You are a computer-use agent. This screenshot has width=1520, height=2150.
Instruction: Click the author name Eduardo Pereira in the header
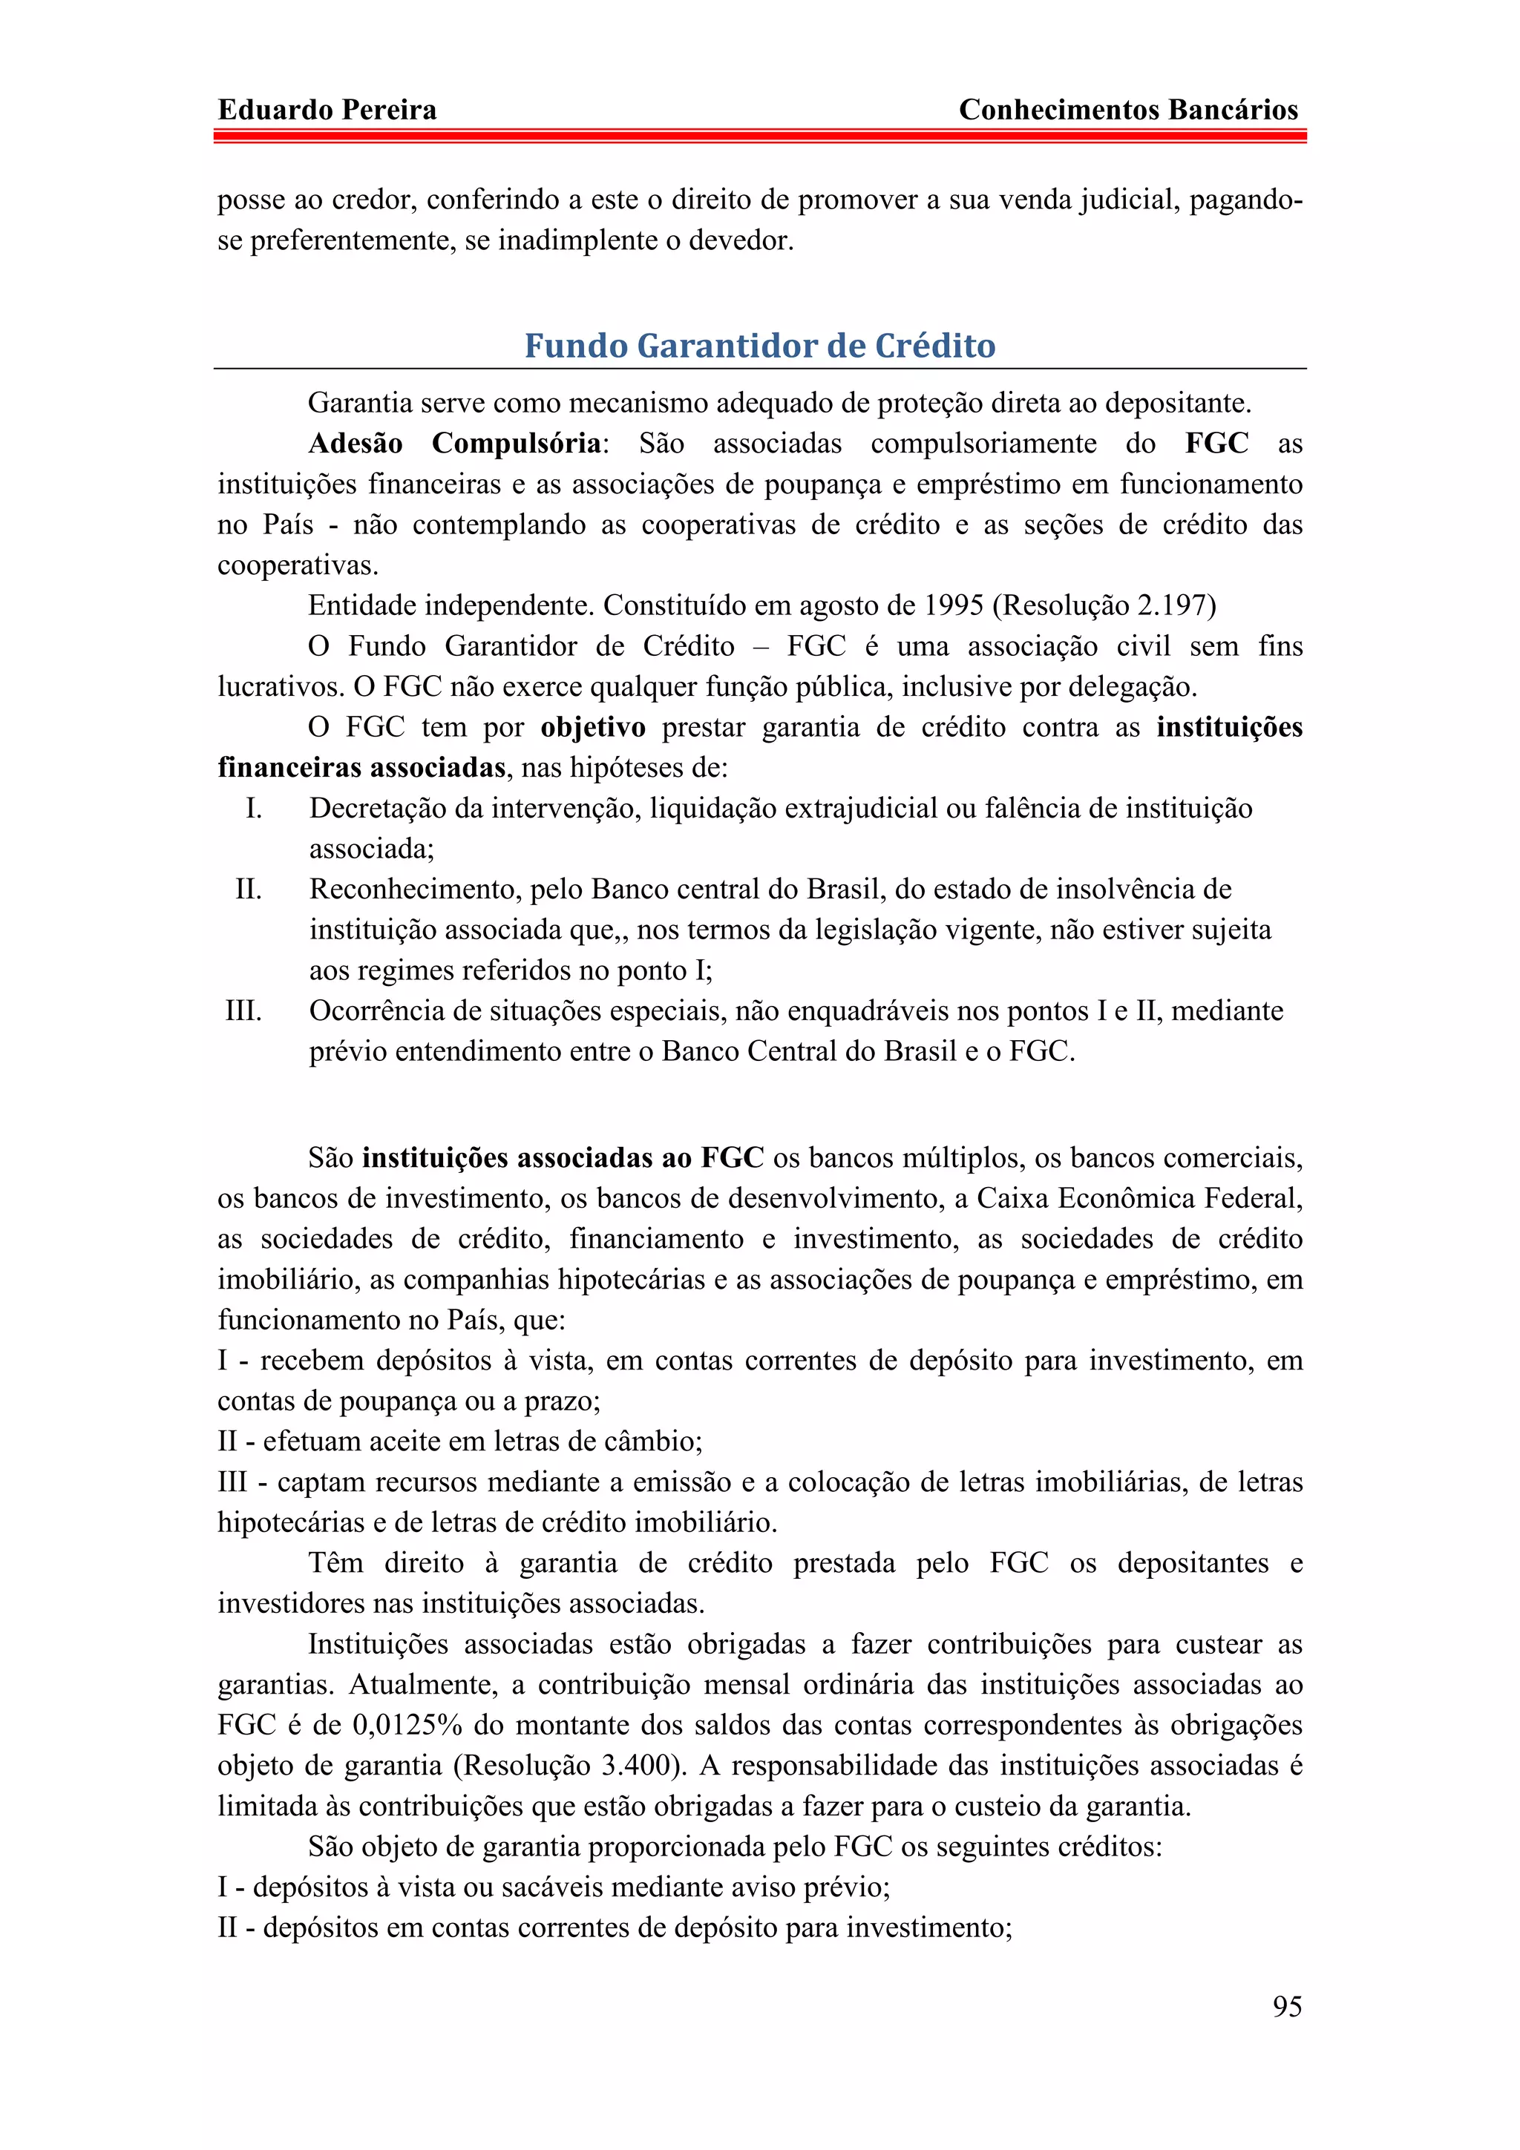pyautogui.click(x=327, y=111)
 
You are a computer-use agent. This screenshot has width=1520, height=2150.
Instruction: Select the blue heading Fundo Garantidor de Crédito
pyautogui.click(x=759, y=346)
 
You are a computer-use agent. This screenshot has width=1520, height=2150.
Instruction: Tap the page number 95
pyautogui.click(x=1287, y=2006)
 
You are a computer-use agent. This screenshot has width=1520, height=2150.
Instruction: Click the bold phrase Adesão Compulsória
pyautogui.click(x=455, y=443)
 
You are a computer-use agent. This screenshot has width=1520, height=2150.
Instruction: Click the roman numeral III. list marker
pyautogui.click(x=243, y=1010)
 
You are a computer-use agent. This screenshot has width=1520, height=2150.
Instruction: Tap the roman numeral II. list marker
pyautogui.click(x=248, y=889)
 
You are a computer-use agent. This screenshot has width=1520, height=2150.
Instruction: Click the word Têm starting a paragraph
pyautogui.click(x=335, y=1563)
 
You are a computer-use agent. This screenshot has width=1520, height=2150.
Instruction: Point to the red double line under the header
pyautogui.click(x=759, y=137)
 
